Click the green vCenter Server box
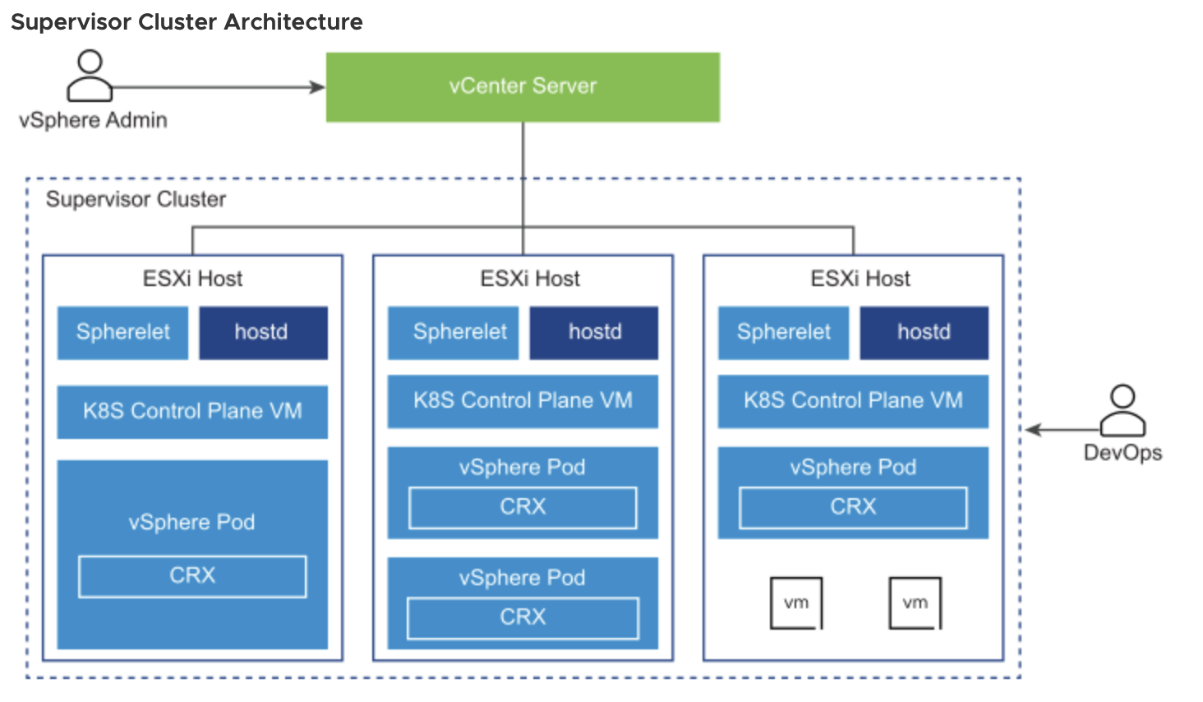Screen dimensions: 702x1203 pyautogui.click(x=523, y=87)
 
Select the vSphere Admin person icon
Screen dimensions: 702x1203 pyautogui.click(x=90, y=76)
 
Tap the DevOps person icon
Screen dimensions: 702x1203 pyautogui.click(x=1122, y=410)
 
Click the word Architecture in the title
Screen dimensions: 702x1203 pyautogui.click(x=293, y=22)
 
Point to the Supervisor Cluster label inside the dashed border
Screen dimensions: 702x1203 pyautogui.click(x=136, y=200)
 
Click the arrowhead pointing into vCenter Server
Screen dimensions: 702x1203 pyautogui.click(x=317, y=87)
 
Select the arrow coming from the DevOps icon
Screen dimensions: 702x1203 pyautogui.click(x=1060, y=430)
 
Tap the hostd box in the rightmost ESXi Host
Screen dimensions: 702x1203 pyautogui.click(x=924, y=333)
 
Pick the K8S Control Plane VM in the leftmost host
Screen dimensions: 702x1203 pyautogui.click(x=192, y=412)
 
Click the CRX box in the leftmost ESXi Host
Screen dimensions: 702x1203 pyautogui.click(x=192, y=576)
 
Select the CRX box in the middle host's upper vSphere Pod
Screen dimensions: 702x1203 pyautogui.click(x=523, y=507)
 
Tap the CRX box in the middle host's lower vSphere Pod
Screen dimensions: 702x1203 pyautogui.click(x=523, y=618)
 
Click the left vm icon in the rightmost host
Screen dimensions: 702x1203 pyautogui.click(x=795, y=603)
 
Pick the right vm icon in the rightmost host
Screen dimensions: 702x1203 pyautogui.click(x=915, y=603)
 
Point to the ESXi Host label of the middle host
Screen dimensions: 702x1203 pyautogui.click(x=530, y=279)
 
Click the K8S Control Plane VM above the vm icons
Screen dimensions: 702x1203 pyautogui.click(x=853, y=401)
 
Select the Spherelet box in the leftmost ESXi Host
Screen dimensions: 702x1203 pyautogui.click(x=122, y=333)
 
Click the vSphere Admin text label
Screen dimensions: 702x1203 pyautogui.click(x=93, y=121)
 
